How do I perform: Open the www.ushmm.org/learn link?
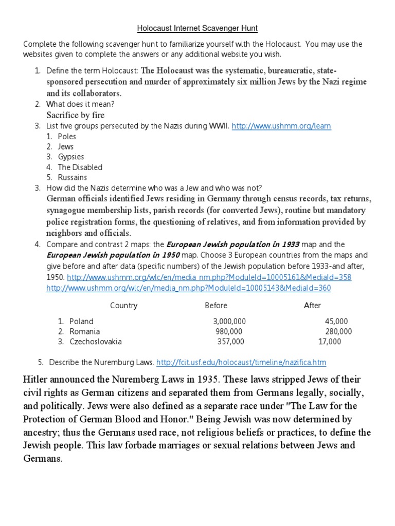click(281, 126)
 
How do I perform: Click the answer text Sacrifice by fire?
click(76, 115)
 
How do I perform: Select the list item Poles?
click(67, 137)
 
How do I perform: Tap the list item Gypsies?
click(70, 157)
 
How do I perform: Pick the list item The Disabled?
click(80, 167)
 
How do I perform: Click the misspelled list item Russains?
click(73, 177)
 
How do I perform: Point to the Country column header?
click(124, 305)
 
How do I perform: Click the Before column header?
click(216, 305)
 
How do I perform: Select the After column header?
click(312, 305)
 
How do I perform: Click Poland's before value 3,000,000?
click(226, 321)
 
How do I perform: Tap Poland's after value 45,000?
click(336, 321)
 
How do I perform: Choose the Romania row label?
click(85, 331)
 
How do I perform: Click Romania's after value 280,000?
click(338, 331)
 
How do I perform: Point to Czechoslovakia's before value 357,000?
click(231, 341)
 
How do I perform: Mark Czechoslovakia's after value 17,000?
click(330, 341)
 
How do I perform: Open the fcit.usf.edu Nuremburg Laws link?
click(241, 362)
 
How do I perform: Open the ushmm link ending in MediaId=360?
click(189, 288)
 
